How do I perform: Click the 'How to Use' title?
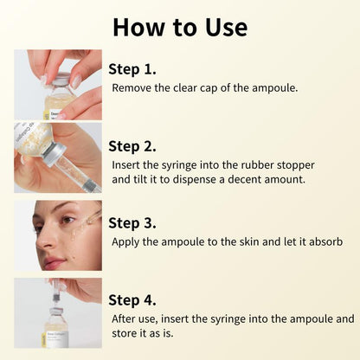click(x=180, y=26)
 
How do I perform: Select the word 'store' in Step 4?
click(x=129, y=334)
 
